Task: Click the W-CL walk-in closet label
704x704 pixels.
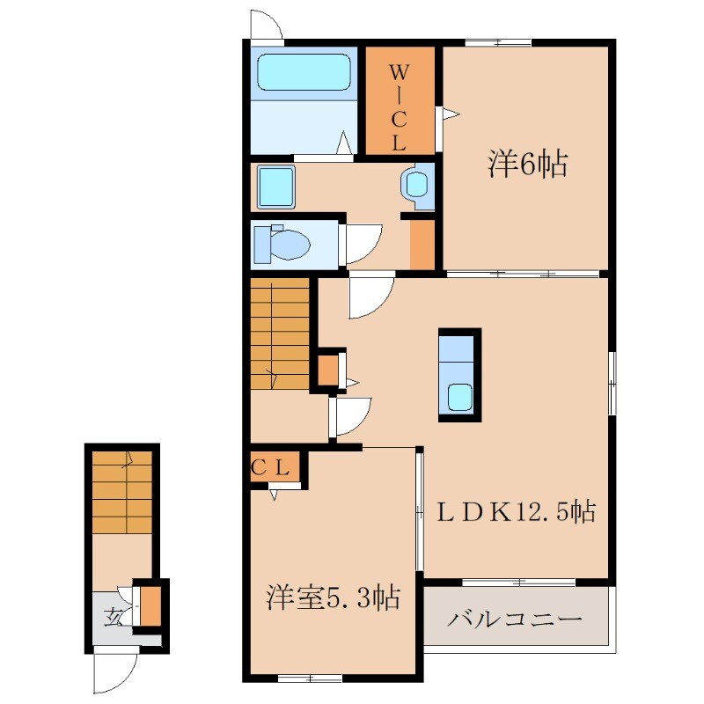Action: tap(400, 106)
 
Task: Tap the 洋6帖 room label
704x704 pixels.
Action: tap(527, 164)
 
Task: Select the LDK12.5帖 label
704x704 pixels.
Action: tap(517, 511)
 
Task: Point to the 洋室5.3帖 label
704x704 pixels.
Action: tap(334, 598)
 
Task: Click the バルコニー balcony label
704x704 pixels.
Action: tap(515, 620)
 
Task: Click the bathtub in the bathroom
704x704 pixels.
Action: tap(304, 72)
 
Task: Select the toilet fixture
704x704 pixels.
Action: tap(282, 245)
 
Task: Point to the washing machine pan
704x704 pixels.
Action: tap(276, 187)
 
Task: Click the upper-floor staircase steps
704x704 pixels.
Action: tap(280, 334)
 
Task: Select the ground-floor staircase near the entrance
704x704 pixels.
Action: tap(122, 493)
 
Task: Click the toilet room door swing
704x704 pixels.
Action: tap(363, 244)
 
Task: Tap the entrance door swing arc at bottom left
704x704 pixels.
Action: tap(114, 673)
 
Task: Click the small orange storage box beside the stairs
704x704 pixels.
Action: tap(328, 370)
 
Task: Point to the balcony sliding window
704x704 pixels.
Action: tap(519, 583)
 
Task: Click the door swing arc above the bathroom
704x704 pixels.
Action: tap(267, 25)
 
